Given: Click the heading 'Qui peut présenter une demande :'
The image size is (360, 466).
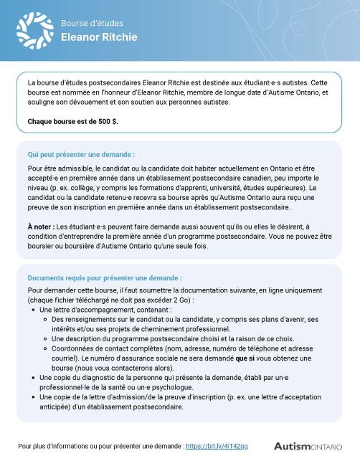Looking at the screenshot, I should pyautogui.click(x=81, y=154).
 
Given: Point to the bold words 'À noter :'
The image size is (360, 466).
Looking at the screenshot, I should pyautogui.click(x=42, y=226).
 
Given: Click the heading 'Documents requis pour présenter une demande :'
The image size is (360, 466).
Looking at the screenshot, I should pyautogui.click(x=105, y=278).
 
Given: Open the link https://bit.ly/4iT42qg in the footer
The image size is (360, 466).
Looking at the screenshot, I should pyautogui.click(x=217, y=446).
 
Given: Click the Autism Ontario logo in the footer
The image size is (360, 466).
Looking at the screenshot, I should pyautogui.click(x=308, y=446).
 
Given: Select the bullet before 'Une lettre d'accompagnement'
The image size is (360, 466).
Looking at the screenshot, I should pyautogui.click(x=34, y=310).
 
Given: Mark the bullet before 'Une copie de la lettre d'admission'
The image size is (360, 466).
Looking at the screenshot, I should pyautogui.click(x=34, y=397).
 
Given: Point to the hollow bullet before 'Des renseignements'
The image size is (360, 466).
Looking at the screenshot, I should pyautogui.click(x=47, y=319).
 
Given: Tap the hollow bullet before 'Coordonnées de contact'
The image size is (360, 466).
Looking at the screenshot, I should pyautogui.click(x=47, y=348).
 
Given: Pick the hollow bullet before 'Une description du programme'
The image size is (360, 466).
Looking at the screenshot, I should pyautogui.click(x=47, y=338).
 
